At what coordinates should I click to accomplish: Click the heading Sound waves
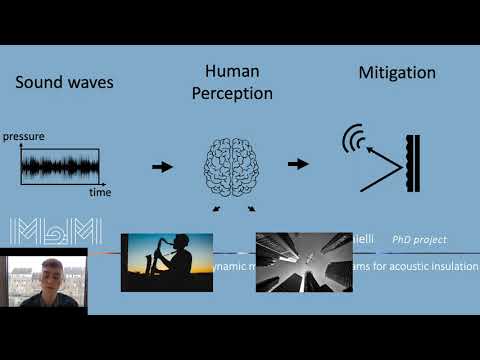[64, 82]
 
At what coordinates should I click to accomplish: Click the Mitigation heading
[398, 73]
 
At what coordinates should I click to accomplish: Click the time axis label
[100, 191]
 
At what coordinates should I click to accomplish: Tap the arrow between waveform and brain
[161, 166]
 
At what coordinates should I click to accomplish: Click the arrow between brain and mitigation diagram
[297, 162]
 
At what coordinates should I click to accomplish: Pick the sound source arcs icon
[351, 140]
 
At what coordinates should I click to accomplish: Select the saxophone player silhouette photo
[166, 262]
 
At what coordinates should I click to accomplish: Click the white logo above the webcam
[55, 229]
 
